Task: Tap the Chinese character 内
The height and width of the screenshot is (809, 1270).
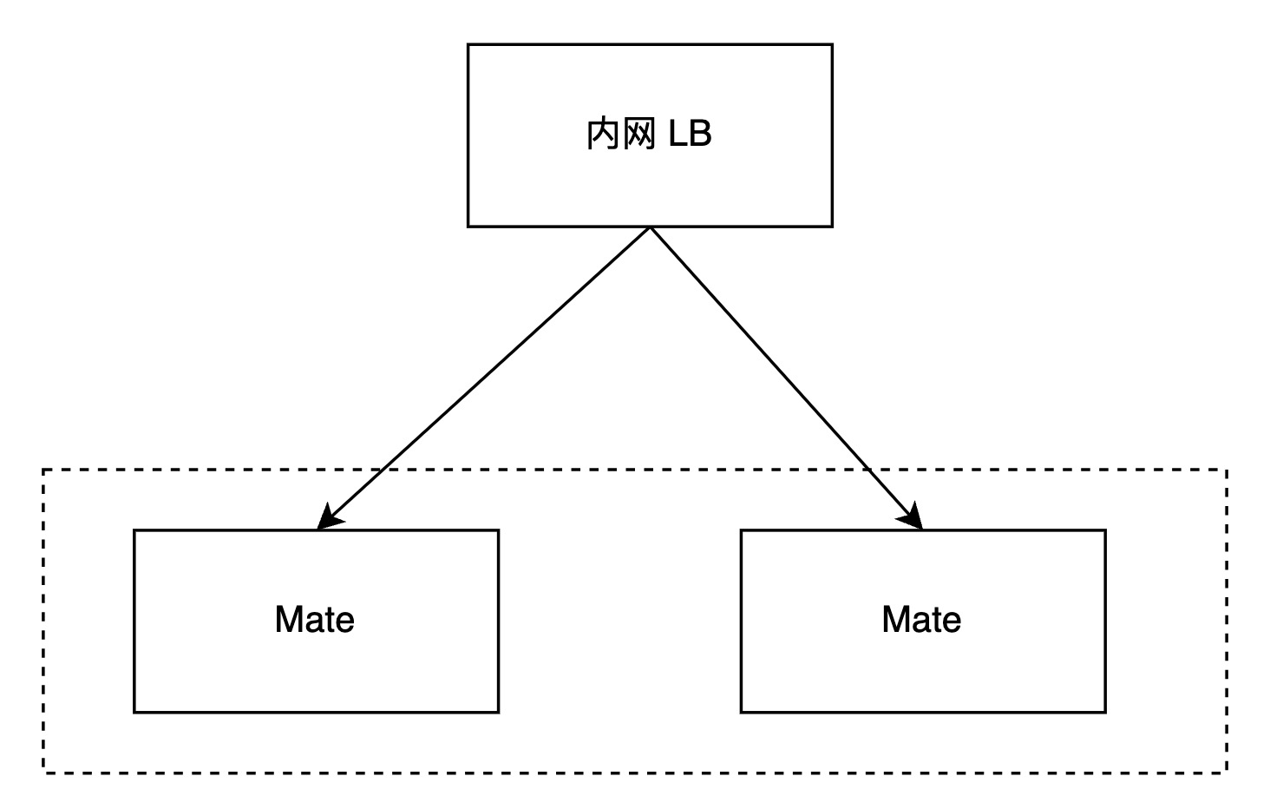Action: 603,135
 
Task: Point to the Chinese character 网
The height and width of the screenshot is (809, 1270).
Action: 639,135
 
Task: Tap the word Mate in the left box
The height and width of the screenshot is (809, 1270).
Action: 314,620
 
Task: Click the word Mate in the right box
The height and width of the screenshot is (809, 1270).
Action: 921,620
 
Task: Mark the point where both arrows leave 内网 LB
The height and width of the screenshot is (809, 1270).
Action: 650,227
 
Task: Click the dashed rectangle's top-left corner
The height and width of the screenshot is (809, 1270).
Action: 43,470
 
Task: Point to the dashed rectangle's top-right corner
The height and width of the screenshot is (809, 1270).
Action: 1227,470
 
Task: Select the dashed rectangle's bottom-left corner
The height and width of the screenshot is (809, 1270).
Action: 43,772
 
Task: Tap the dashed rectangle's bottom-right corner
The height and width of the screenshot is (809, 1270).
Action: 1227,772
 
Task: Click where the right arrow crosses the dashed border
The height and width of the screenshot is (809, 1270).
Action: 867,470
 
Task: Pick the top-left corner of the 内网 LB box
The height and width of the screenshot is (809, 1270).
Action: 468,45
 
